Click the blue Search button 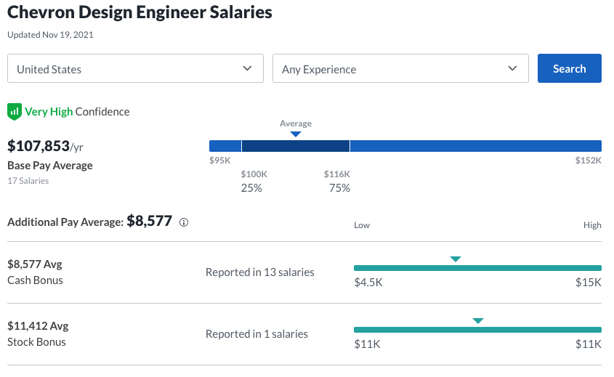point(569,68)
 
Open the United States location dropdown point(135,69)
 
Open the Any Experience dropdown point(400,69)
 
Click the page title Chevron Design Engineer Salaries point(140,13)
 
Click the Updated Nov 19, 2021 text point(50,34)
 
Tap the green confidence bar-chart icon point(15,111)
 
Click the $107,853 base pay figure point(39,146)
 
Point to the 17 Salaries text point(28,180)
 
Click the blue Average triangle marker point(296,134)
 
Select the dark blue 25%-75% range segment point(296,146)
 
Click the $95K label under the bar point(219,161)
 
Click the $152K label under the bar point(588,161)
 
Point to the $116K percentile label point(337,174)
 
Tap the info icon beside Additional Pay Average point(184,222)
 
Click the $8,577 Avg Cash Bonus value point(33,264)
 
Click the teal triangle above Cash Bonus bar point(456,259)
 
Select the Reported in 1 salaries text point(256,334)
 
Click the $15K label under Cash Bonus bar point(589,282)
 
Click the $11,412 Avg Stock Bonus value point(37,326)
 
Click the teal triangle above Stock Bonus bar point(477,320)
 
